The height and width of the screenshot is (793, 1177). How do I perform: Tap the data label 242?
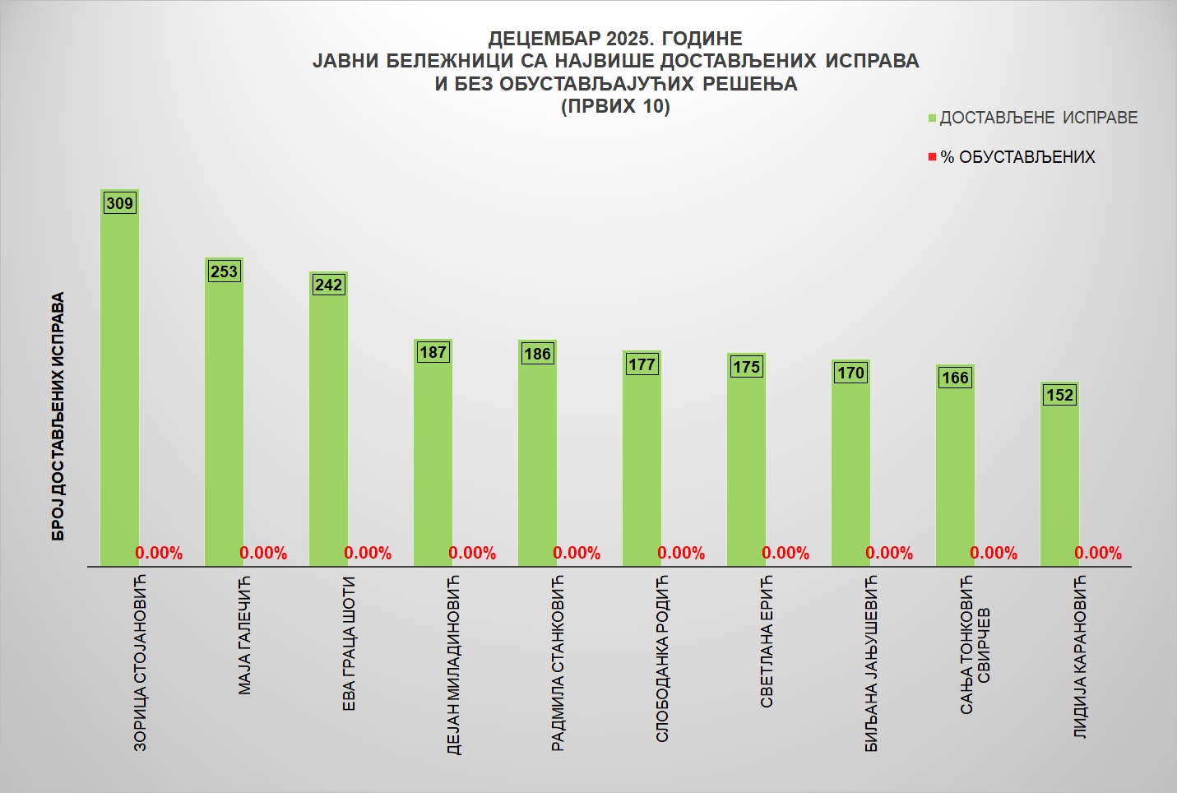[x=328, y=285]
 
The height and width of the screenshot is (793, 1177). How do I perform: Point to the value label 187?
[x=433, y=352]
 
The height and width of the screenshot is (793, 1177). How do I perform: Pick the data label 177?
[x=642, y=364]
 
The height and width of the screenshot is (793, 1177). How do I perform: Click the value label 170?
[x=850, y=373]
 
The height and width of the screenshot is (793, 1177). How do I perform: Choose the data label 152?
[x=1059, y=395]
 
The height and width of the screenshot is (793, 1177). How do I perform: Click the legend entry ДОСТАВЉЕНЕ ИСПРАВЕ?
[x=1038, y=118]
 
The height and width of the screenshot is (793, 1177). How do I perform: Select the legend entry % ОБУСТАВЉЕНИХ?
[x=1017, y=157]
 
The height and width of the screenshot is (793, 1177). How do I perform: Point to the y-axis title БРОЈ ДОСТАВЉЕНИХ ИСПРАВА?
[x=58, y=416]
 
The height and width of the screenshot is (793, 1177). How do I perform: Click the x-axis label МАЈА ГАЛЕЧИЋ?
[x=244, y=635]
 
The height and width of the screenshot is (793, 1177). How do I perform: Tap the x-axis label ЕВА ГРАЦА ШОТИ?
[x=349, y=643]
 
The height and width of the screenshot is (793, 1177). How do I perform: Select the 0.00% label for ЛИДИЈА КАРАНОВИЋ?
[x=1098, y=553]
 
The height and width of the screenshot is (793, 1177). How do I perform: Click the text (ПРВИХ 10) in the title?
[x=615, y=106]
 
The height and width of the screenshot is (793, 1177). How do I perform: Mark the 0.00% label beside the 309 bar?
[x=159, y=553]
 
